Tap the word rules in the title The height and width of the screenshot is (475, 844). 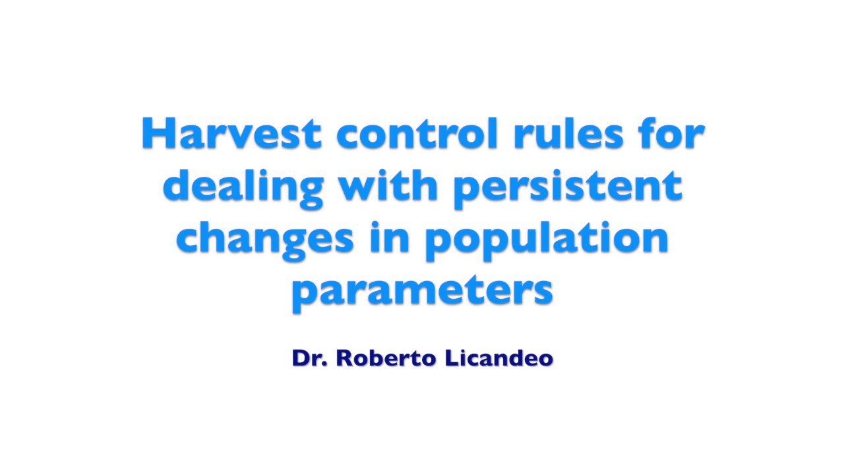coord(568,134)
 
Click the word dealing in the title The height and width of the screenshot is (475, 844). coord(243,187)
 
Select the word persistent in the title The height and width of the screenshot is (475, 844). coord(567,187)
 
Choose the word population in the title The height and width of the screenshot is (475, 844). coord(547,239)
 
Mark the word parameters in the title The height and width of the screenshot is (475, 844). coord(422,292)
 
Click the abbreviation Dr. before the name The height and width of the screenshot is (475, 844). coord(310,358)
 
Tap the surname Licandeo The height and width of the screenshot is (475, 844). coord(498,358)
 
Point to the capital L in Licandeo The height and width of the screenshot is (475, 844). coord(450,358)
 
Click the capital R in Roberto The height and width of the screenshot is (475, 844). coord(344,358)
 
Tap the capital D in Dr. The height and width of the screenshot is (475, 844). coord(301,358)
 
